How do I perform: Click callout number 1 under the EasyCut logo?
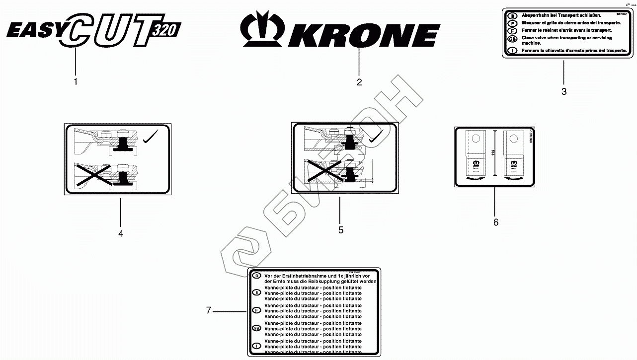click(x=76, y=81)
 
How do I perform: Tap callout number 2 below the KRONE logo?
click(x=359, y=82)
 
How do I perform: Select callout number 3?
click(x=564, y=91)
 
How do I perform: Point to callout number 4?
click(x=121, y=233)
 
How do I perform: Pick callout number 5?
click(x=340, y=230)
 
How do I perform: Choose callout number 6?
click(x=496, y=222)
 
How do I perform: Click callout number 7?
click(x=209, y=311)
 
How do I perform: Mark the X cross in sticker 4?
click(x=93, y=174)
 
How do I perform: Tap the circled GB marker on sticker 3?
click(x=512, y=38)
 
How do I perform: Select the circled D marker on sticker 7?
click(x=256, y=276)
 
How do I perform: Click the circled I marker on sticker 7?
click(x=256, y=345)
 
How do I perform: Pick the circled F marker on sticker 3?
click(x=512, y=30)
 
